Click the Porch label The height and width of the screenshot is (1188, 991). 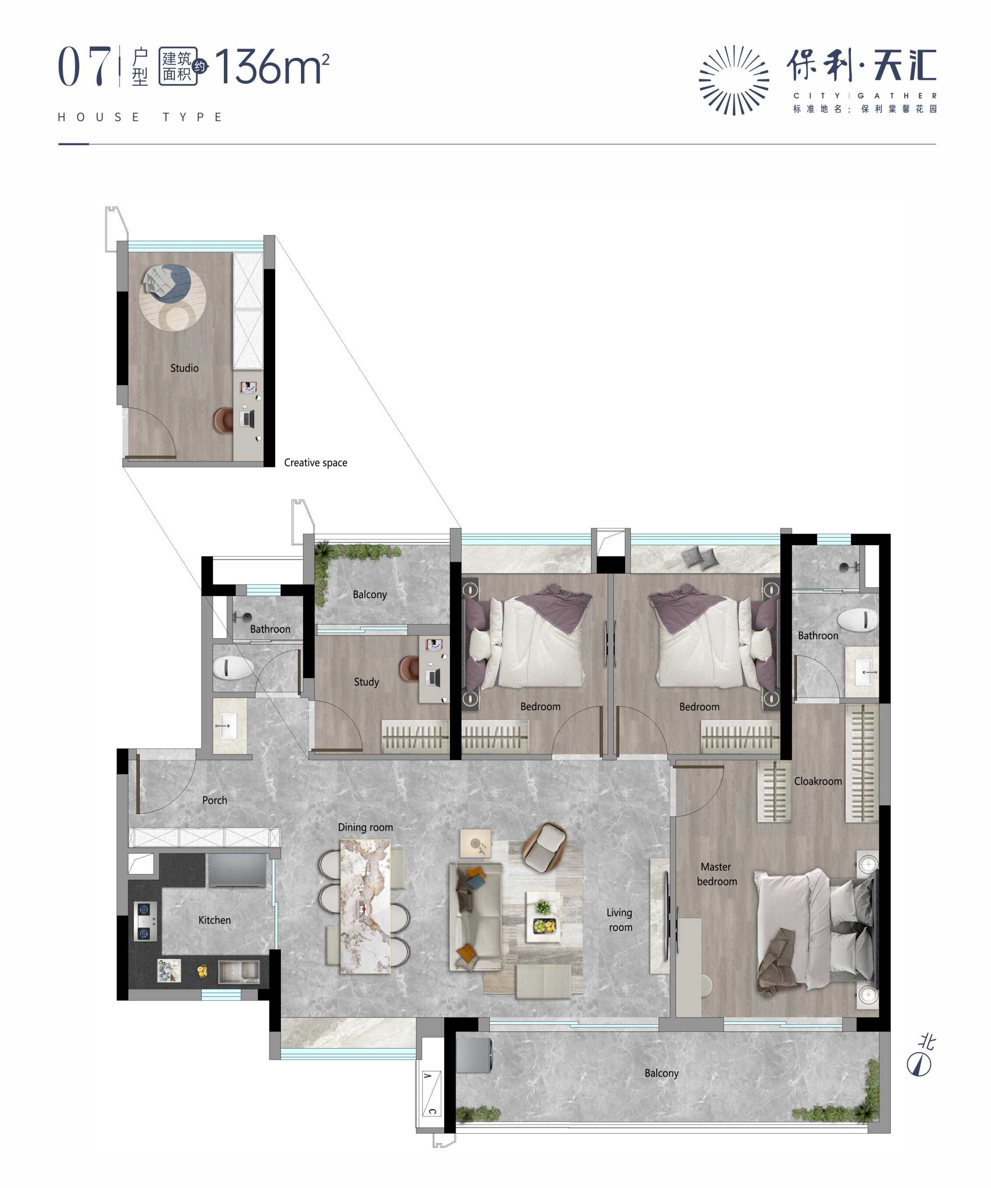(x=214, y=800)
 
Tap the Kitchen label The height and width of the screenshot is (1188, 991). (x=214, y=920)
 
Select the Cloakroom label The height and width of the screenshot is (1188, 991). (x=818, y=781)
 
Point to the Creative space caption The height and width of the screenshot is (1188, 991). (x=315, y=462)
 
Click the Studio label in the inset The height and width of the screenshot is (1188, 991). (x=184, y=367)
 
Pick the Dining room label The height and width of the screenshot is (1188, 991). (x=365, y=827)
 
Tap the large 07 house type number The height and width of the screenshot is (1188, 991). (x=84, y=67)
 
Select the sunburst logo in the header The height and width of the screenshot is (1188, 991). (x=734, y=80)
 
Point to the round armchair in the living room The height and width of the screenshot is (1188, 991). (x=545, y=847)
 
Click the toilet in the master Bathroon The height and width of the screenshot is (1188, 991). (x=857, y=620)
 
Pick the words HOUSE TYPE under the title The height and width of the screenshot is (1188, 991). (x=140, y=117)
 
